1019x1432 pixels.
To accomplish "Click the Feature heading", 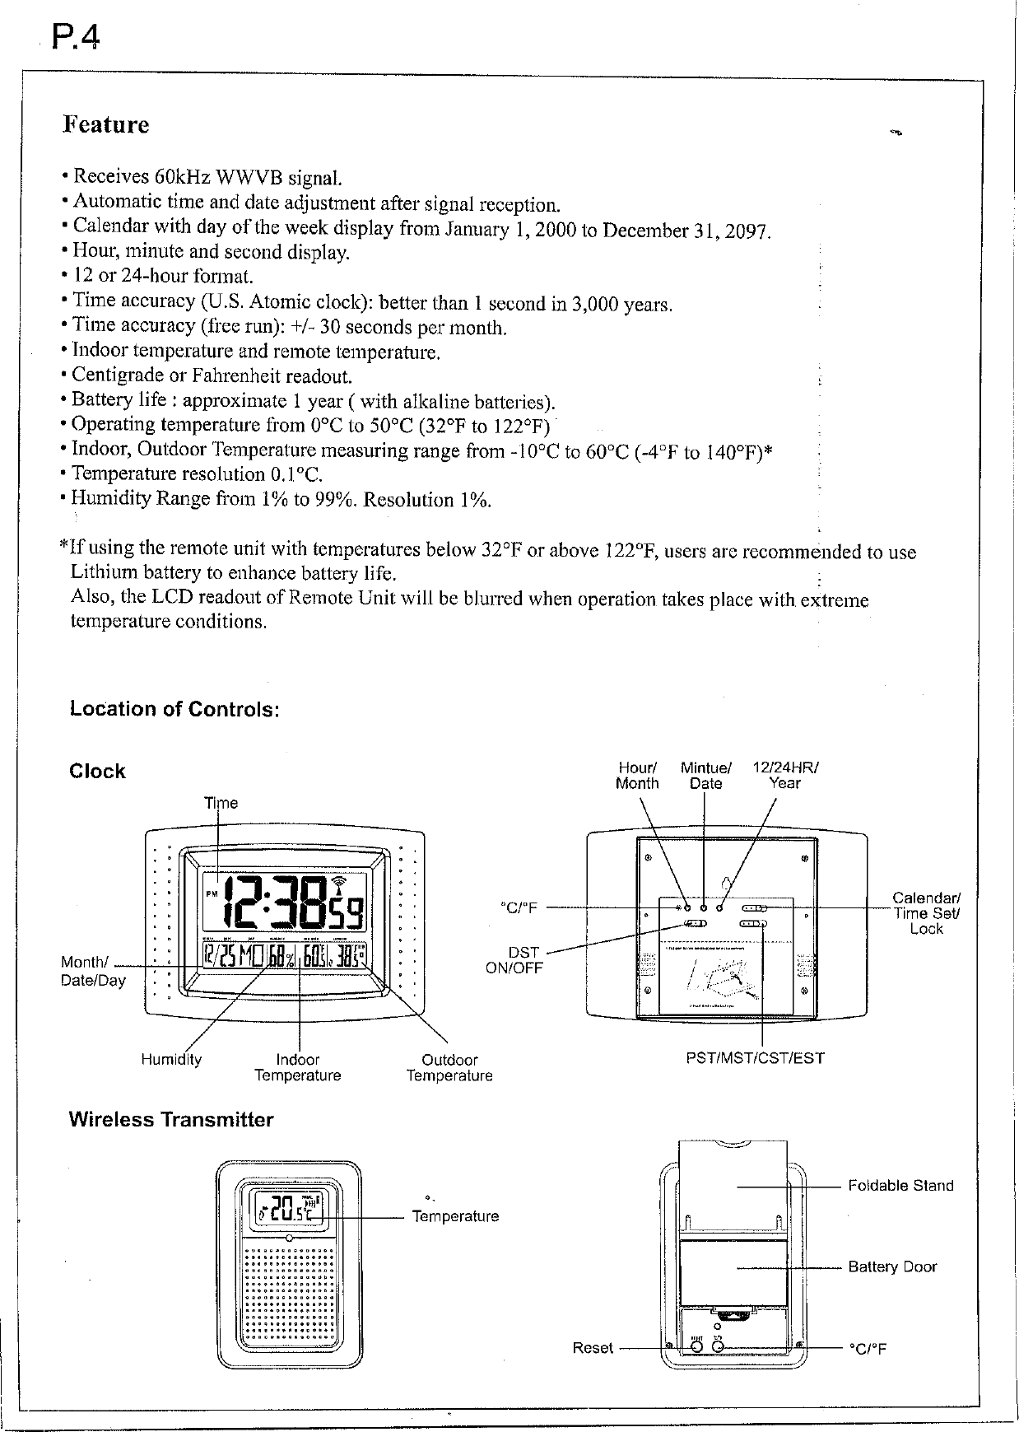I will (x=106, y=125).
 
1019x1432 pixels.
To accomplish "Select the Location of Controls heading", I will (x=174, y=709).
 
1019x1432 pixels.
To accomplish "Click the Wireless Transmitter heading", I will (x=170, y=1120).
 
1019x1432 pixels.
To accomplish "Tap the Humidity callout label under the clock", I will (x=171, y=1060).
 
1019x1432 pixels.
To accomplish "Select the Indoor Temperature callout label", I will (x=298, y=1067).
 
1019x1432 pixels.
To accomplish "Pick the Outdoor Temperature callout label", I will (x=449, y=1067).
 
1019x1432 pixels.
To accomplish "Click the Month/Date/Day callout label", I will (x=92, y=972).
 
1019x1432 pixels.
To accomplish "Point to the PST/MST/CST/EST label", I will (x=755, y=1058).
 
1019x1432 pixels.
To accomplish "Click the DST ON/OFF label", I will (x=515, y=960).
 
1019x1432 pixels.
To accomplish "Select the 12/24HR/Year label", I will (x=784, y=776).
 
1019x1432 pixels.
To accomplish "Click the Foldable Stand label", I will (x=900, y=1186).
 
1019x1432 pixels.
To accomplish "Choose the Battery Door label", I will (x=892, y=1267).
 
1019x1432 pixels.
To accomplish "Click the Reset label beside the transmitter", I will (x=593, y=1348).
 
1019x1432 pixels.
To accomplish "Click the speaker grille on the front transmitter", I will (x=289, y=1294).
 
